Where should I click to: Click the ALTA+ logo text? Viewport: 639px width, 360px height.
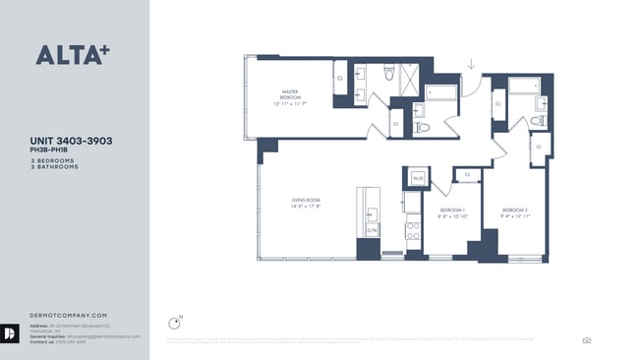point(72,54)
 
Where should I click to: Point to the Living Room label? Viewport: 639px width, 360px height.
point(306,203)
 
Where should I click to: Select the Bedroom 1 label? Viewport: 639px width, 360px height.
point(453,213)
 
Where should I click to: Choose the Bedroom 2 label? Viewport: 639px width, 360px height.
point(515,213)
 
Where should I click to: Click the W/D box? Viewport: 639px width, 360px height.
point(417,178)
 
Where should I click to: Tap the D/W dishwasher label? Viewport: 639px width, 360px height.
point(373,230)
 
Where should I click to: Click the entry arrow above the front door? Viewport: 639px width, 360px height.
point(471,65)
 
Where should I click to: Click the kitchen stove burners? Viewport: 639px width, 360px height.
point(413,230)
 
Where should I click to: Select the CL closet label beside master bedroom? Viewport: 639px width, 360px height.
point(340,77)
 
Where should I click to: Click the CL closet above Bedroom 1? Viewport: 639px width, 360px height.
point(467,174)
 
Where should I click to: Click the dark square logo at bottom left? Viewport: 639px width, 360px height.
point(11,332)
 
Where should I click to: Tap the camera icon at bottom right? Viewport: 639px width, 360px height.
point(587,340)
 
